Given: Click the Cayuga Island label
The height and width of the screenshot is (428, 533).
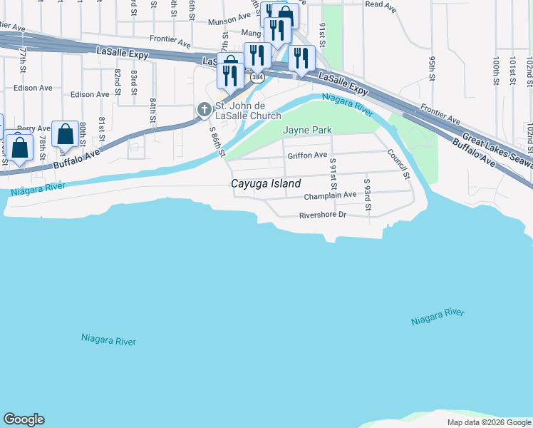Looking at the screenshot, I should pos(266,183).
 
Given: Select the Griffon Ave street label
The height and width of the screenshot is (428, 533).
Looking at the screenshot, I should pos(307,155).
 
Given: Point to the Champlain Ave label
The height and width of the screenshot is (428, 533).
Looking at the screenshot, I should pos(330,195).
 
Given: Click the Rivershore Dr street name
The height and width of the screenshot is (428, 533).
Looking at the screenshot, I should pos(322,214).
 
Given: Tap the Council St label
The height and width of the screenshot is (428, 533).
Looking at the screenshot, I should pos(398,163).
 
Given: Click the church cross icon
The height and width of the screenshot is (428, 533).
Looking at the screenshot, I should pos(204,109).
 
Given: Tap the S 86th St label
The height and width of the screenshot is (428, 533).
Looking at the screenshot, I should pos(217,142).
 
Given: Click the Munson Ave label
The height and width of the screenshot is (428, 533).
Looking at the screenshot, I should pos(227,22).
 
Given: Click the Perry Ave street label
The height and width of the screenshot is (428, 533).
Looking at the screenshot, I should pos(34,128).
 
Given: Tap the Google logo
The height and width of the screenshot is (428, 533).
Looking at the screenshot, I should pos(24,419).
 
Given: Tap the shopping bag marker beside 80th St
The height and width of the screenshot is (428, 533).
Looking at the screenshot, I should pos(65,133).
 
